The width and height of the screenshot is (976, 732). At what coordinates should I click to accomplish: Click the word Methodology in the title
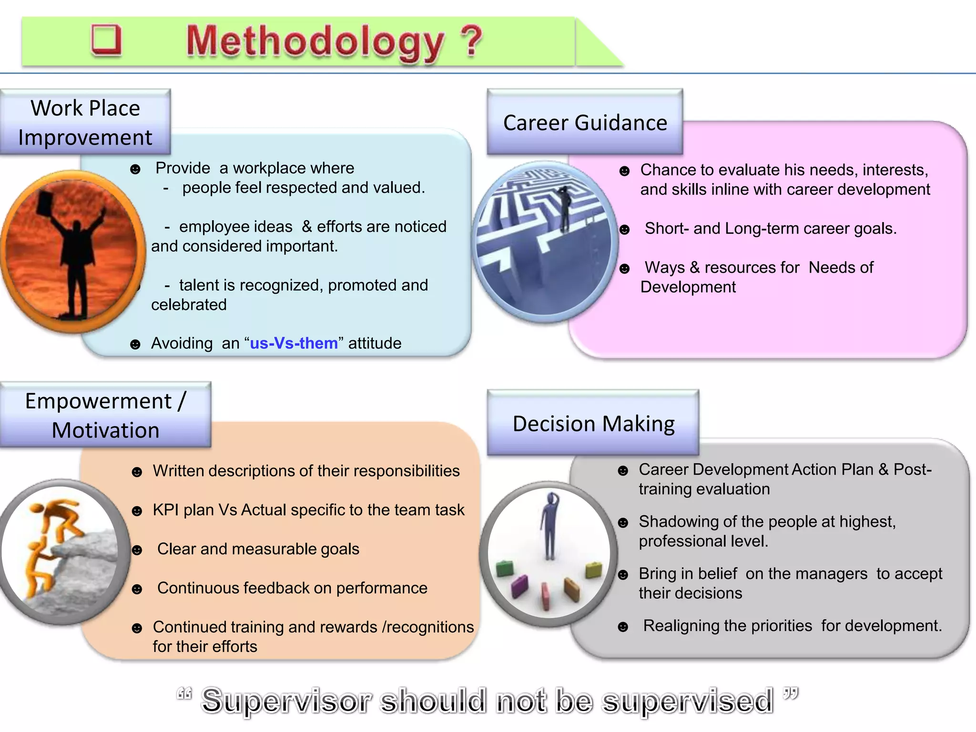point(315,42)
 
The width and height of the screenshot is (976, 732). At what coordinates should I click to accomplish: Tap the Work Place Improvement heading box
point(85,122)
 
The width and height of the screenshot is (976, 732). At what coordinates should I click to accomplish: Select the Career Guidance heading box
point(585,122)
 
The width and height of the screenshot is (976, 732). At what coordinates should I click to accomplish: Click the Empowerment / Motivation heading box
point(105,415)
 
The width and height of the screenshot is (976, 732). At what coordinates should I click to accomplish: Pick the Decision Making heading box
point(593,423)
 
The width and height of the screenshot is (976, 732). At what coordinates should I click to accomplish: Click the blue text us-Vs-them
point(294,343)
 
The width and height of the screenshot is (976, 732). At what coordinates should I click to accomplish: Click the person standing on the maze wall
point(565,208)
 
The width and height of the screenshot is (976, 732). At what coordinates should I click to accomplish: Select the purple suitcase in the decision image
point(519,586)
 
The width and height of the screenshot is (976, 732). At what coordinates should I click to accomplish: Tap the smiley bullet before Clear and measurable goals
point(137,550)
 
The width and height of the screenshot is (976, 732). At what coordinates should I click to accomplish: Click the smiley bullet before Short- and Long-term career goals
point(624,230)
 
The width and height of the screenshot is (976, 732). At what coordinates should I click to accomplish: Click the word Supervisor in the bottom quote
point(286,701)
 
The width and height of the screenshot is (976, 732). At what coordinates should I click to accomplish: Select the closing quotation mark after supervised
point(790,693)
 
